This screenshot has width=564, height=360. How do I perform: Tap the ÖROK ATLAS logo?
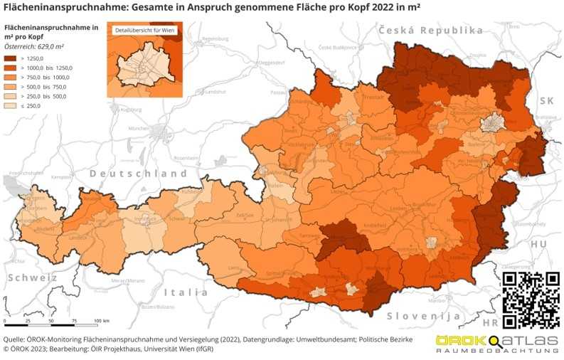pos(496,345)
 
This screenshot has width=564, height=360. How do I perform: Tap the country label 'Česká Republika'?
pos(431,31)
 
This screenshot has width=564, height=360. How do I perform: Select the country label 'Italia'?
pos(186,292)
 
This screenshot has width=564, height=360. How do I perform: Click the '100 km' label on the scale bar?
pos(100,321)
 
